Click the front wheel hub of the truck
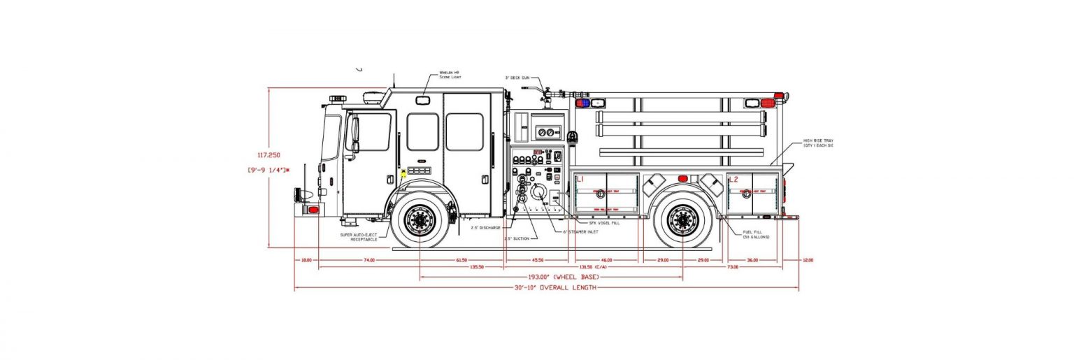(x=420, y=222)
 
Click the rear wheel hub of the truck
(x=682, y=222)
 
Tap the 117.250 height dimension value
(x=269, y=155)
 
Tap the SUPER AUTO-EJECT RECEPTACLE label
(x=359, y=237)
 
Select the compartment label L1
(x=580, y=180)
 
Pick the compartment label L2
(x=733, y=180)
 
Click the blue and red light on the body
(x=582, y=103)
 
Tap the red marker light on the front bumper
(x=313, y=210)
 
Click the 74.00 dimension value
(x=368, y=260)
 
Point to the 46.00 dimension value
(x=606, y=260)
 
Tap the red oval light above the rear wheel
(x=682, y=179)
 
